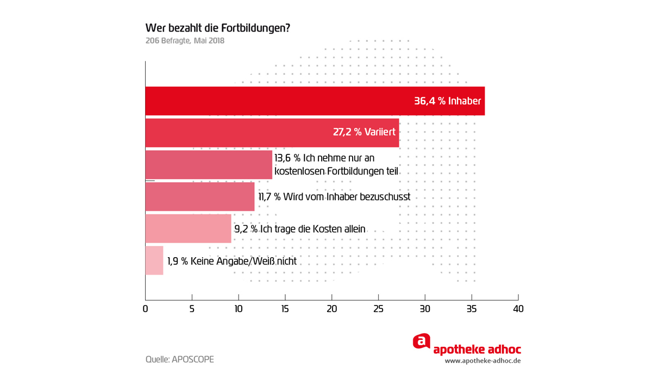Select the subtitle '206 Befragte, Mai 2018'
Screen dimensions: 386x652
pyautogui.click(x=185, y=40)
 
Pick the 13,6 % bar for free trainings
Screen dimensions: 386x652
pyautogui.click(x=209, y=165)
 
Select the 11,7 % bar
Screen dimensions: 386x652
pyautogui.click(x=200, y=196)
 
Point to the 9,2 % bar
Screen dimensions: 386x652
pyautogui.click(x=188, y=228)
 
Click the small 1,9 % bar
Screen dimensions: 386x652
pyautogui.click(x=154, y=260)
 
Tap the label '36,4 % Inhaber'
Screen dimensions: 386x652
pyautogui.click(x=447, y=101)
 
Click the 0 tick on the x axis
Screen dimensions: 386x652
pyautogui.click(x=145, y=309)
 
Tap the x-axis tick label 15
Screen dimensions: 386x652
pyautogui.click(x=285, y=309)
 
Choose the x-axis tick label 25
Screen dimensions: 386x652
pyautogui.click(x=379, y=309)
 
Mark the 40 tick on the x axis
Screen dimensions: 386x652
pyautogui.click(x=518, y=309)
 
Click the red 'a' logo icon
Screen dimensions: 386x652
pyautogui.click(x=422, y=341)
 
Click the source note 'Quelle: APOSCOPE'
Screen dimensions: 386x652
pyautogui.click(x=180, y=359)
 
